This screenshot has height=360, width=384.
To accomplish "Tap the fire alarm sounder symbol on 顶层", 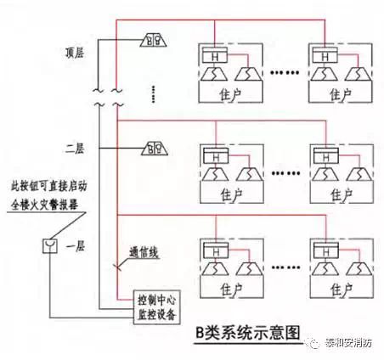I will [x=155, y=40].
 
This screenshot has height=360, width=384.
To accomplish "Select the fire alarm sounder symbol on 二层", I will [x=155, y=147].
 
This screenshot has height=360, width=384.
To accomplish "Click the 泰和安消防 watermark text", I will [x=344, y=343].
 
